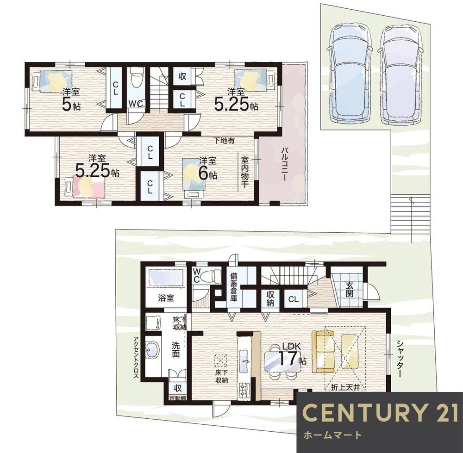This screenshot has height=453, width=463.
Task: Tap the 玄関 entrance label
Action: (350, 290)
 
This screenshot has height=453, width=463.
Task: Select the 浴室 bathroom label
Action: (166, 298)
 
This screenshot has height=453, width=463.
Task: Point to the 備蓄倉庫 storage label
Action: (233, 286)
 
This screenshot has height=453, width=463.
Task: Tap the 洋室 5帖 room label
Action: (71, 99)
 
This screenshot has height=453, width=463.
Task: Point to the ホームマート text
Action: (332, 434)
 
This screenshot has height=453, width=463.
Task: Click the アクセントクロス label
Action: (136, 357)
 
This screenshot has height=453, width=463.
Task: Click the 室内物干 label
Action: (244, 173)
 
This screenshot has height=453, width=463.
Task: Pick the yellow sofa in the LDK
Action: (323, 352)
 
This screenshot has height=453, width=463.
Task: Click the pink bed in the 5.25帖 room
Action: (89, 187)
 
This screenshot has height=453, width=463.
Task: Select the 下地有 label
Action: (224, 141)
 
